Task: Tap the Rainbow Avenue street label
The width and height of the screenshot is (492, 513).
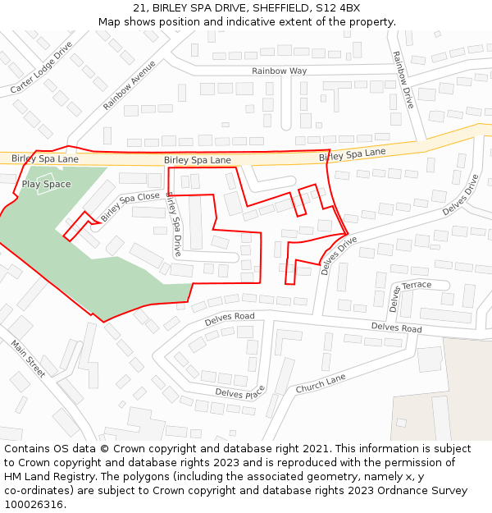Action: pos(130,85)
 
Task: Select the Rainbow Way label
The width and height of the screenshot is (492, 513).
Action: pos(279,71)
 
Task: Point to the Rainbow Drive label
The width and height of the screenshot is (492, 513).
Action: pos(403,80)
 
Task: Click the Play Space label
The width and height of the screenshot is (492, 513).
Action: pos(46,185)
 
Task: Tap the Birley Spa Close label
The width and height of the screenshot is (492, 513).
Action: pos(130,208)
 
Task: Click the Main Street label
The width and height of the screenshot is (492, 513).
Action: pos(28,358)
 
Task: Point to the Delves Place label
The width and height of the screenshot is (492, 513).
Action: pos(240,392)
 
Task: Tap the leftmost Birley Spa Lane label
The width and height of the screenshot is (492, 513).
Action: pos(45,158)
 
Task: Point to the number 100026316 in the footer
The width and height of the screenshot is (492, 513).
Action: pos(34,504)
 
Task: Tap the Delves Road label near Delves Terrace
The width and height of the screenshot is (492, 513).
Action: pos(396,327)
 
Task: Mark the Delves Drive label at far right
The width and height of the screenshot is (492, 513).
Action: pos(460,195)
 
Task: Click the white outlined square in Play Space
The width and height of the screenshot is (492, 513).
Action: pos(45,176)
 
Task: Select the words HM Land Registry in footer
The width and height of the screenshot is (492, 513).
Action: pos(50,476)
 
